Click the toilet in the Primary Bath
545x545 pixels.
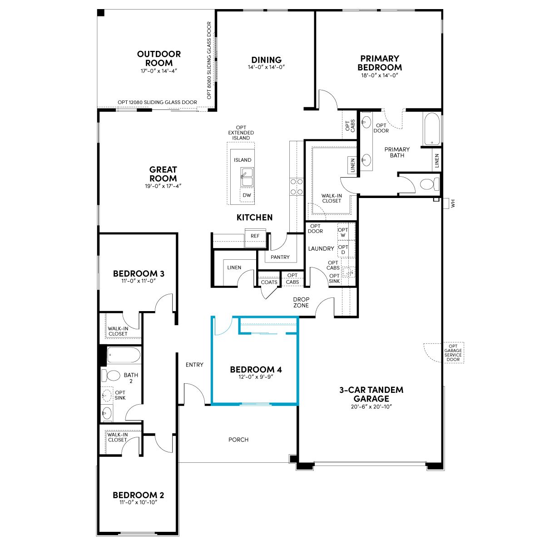coord(429,184)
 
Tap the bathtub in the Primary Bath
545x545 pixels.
coord(431,129)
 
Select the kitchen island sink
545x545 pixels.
coord(247,177)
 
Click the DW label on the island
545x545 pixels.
coord(247,195)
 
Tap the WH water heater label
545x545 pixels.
coord(453,203)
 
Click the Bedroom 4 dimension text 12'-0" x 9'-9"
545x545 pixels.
coord(256,377)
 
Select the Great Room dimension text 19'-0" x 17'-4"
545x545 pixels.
coord(163,186)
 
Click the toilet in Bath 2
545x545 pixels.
coord(111,375)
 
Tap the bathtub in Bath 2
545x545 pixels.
coord(124,355)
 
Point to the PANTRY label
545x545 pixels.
coord(280,257)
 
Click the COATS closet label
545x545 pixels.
coord(269,282)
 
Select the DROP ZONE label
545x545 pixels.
coord(301,302)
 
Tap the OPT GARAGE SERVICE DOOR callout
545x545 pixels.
coord(453,353)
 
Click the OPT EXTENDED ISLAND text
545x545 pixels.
coord(241,133)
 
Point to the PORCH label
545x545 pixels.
coord(238,440)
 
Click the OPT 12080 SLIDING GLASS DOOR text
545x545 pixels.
coord(157,102)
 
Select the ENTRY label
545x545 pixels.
coord(194,365)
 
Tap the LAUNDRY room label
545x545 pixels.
coord(321,248)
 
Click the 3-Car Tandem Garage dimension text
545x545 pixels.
coord(371,406)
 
